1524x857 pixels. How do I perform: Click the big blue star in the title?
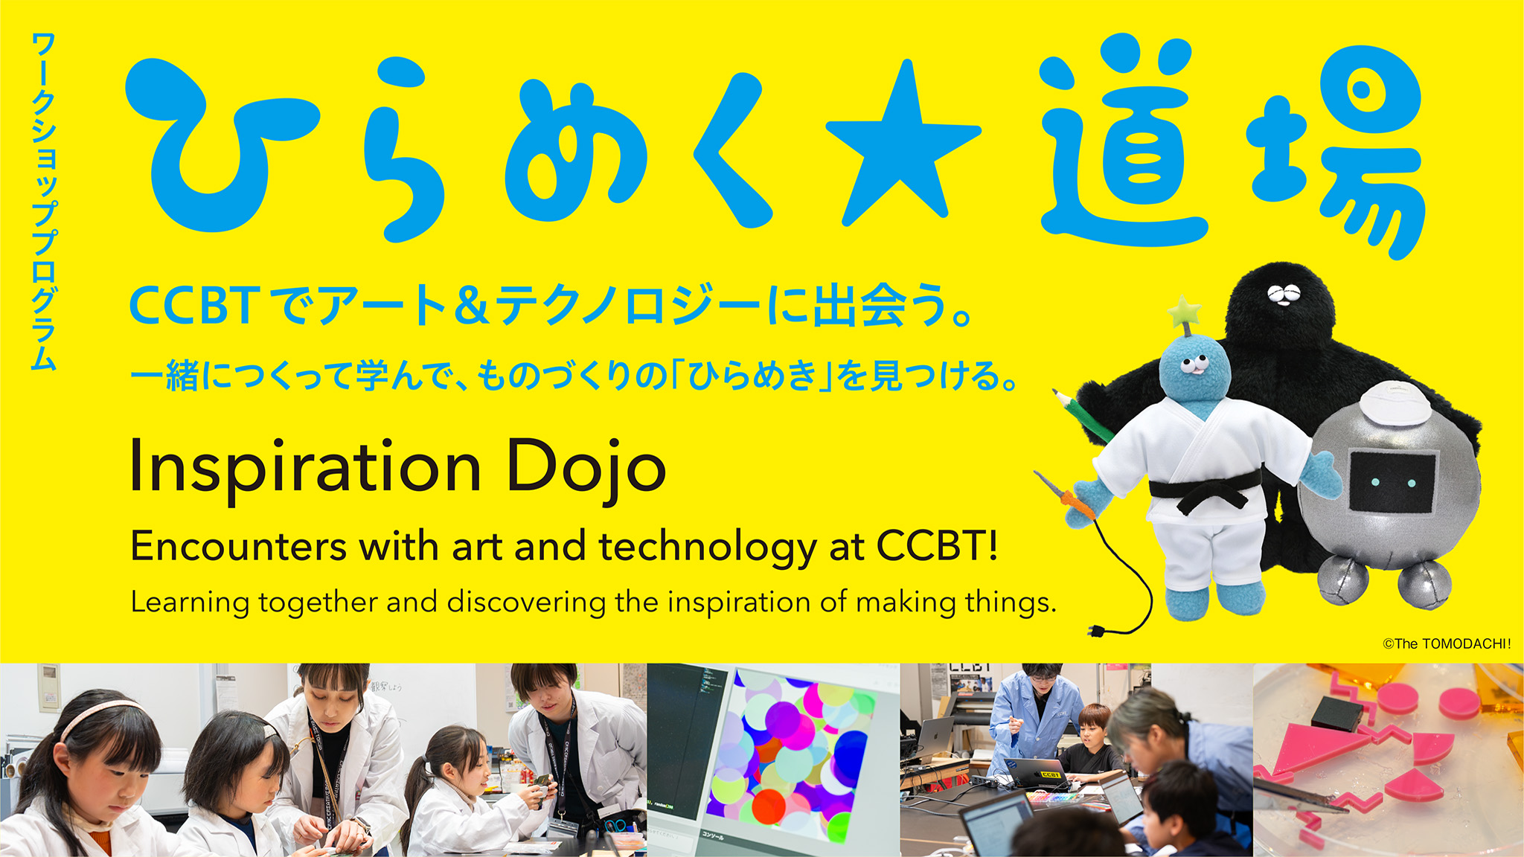click(x=903, y=149)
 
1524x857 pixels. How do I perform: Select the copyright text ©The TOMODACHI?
click(x=1447, y=643)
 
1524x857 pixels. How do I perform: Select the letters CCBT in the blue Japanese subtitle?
click(x=194, y=306)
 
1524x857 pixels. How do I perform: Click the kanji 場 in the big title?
click(x=1336, y=149)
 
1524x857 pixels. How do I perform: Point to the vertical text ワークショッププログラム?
click(x=44, y=201)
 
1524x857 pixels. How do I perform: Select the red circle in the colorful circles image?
click(x=769, y=806)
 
